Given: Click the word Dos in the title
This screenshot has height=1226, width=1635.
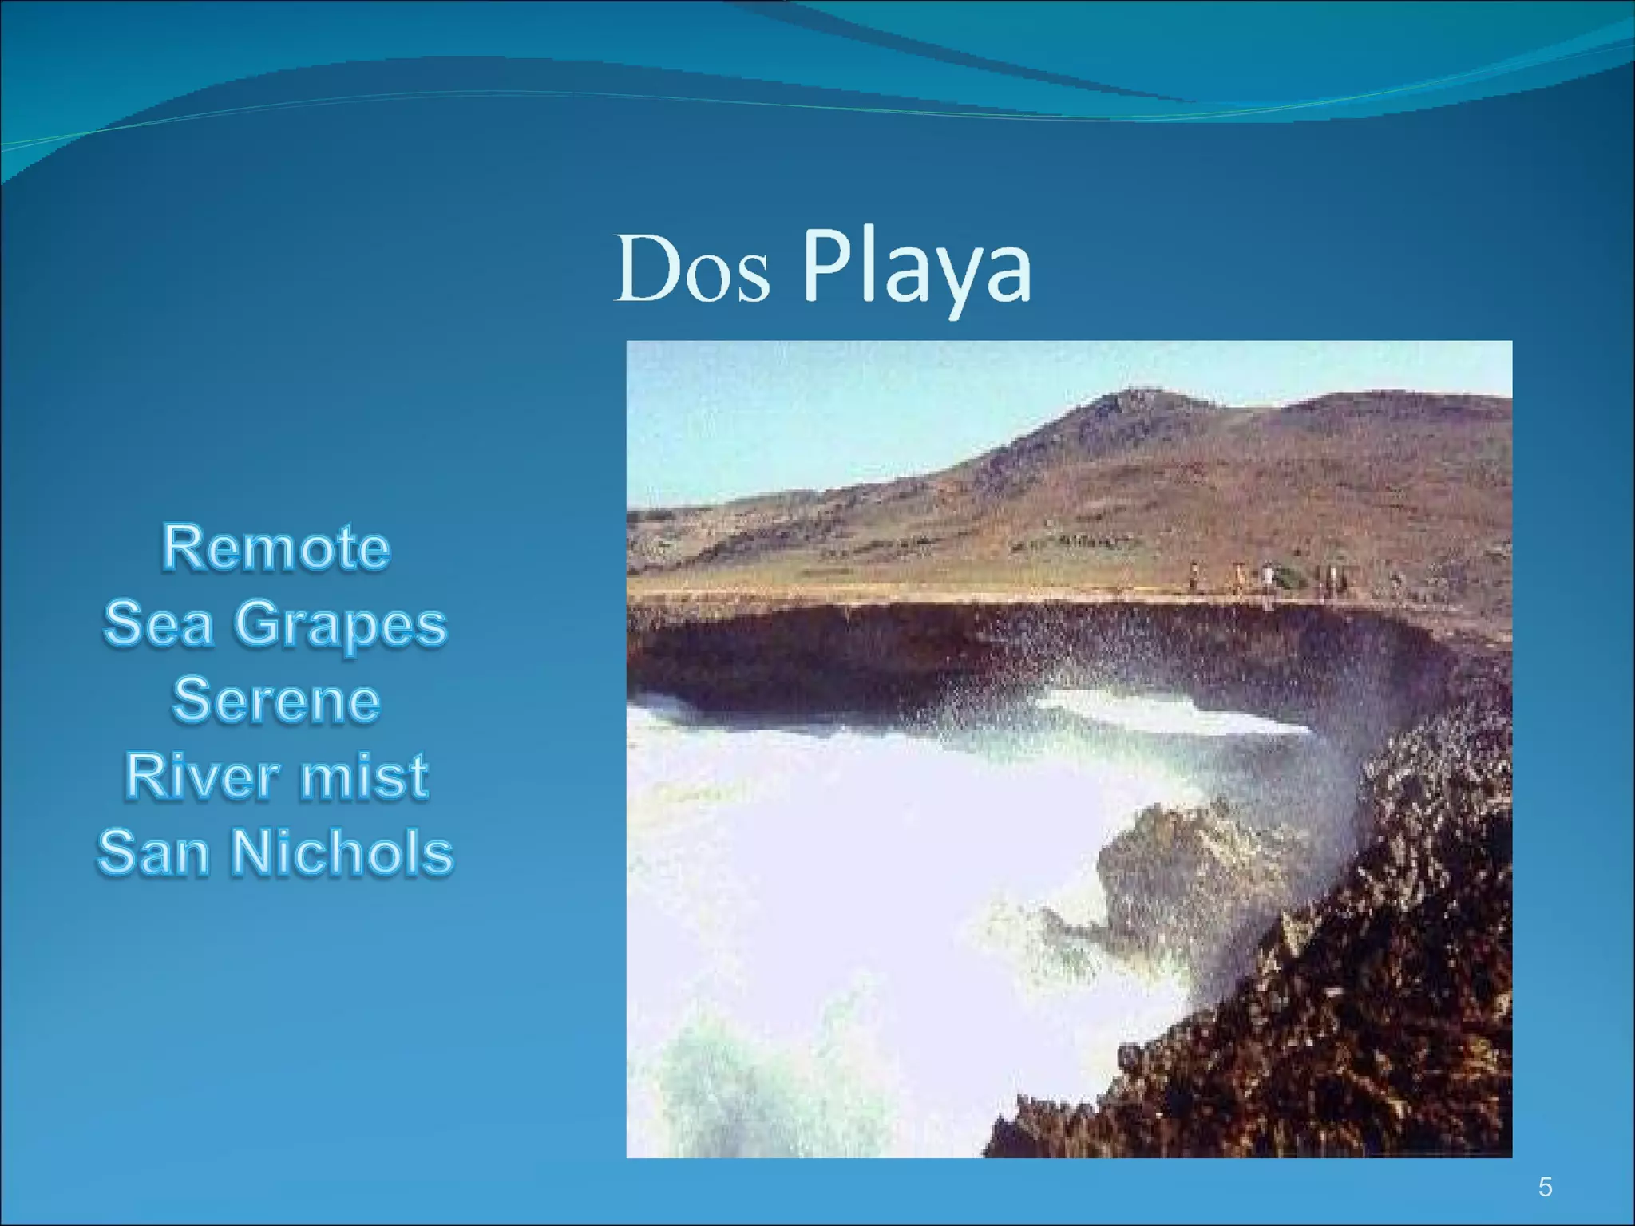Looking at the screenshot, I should [692, 270].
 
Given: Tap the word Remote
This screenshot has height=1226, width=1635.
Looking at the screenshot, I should [275, 548].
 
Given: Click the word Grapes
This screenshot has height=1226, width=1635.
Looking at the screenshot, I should [340, 625].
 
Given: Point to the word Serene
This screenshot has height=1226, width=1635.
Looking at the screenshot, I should [275, 700].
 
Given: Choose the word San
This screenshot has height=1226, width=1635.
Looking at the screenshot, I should [152, 852].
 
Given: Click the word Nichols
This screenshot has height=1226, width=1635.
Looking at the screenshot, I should [342, 852].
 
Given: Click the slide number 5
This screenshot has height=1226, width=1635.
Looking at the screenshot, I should [1545, 1187].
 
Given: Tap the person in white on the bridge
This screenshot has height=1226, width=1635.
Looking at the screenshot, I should [1267, 576].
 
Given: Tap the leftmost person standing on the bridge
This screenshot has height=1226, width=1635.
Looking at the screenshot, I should [1194, 576].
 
